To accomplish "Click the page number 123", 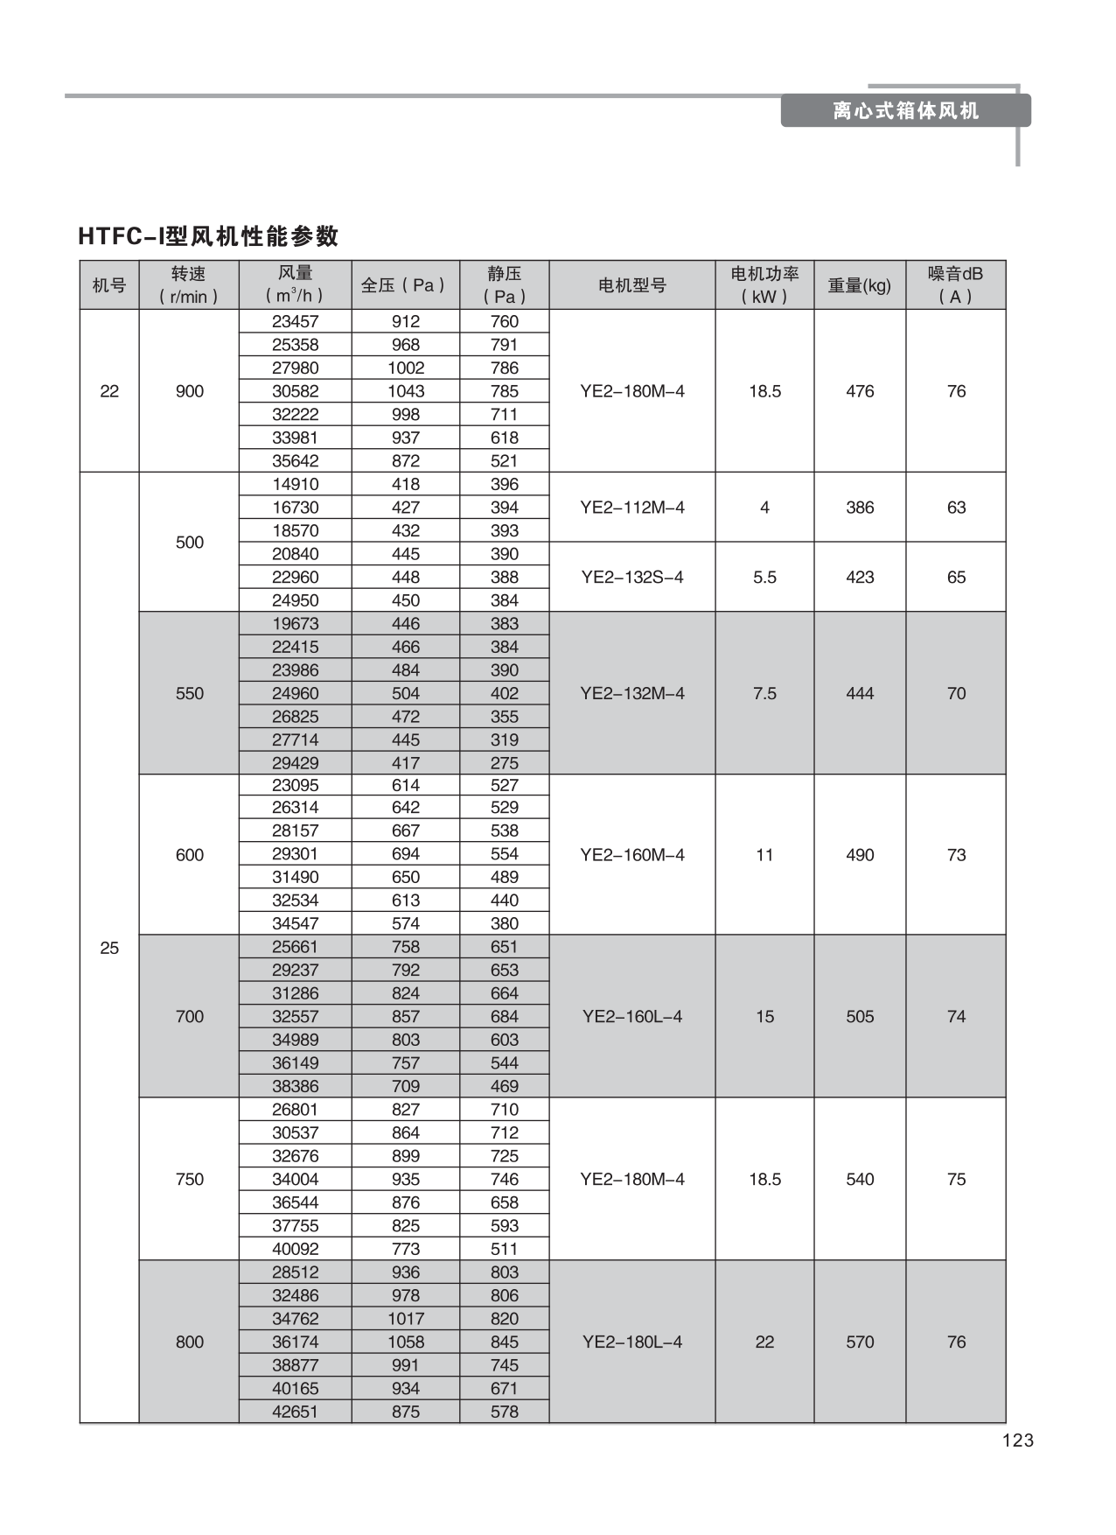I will pyautogui.click(x=1018, y=1440).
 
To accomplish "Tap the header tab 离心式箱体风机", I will pyautogui.click(x=905, y=111).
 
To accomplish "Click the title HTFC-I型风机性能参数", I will pyautogui.click(x=208, y=236).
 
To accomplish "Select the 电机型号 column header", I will pyautogui.click(x=631, y=285).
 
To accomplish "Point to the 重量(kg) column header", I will pyautogui.click(x=859, y=285).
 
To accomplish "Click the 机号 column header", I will pyautogui.click(x=109, y=285).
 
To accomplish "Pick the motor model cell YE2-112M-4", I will pyautogui.click(x=631, y=508).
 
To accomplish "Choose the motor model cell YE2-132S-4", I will pyautogui.click(x=631, y=578).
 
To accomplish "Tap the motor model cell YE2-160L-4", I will pyautogui.click(x=631, y=1017).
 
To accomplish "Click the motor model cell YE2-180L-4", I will pyautogui.click(x=631, y=1342).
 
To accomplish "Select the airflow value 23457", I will pyautogui.click(x=296, y=322).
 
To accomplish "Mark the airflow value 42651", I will pyautogui.click(x=296, y=1412).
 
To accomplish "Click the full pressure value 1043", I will pyautogui.click(x=406, y=392).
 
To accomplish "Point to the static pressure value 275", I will pyautogui.click(x=505, y=763).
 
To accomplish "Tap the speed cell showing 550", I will pyautogui.click(x=190, y=694).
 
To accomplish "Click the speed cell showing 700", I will pyautogui.click(x=190, y=1017).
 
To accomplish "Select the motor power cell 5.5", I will pyautogui.click(x=764, y=578).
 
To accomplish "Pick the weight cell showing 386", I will pyautogui.click(x=860, y=508).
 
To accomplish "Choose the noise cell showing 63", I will pyautogui.click(x=956, y=508).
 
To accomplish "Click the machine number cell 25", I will pyautogui.click(x=109, y=948).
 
